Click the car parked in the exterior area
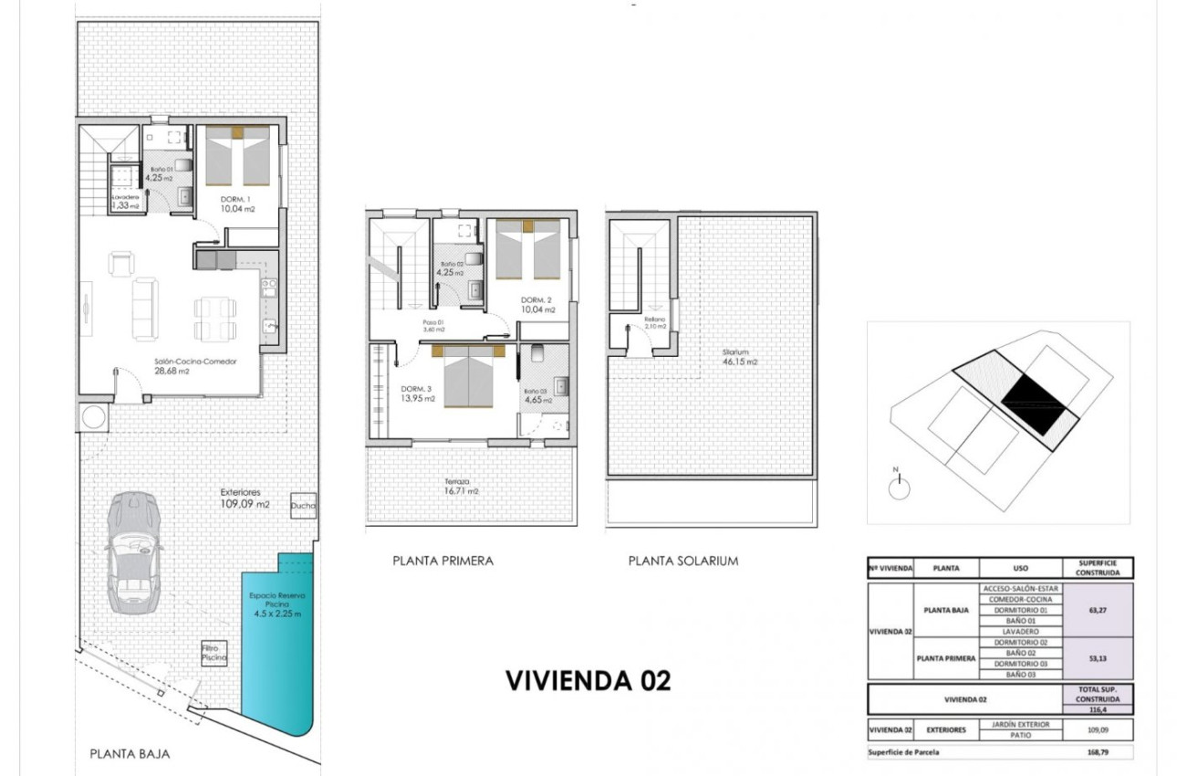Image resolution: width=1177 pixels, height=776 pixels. tap(132, 552)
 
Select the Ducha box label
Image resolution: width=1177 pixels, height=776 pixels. tap(302, 506)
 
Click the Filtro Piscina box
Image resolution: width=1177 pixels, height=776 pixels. tap(214, 653)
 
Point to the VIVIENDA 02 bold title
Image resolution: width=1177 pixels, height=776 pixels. tap(588, 680)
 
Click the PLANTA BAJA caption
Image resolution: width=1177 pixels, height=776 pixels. tap(130, 754)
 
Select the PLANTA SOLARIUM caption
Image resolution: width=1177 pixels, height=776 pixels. tap(682, 561)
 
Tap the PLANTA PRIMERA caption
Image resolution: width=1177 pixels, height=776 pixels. tap(443, 561)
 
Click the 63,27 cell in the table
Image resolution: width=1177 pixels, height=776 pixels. tap(1098, 610)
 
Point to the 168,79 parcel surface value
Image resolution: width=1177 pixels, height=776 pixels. tap(1098, 753)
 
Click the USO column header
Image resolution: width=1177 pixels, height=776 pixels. tap(1020, 568)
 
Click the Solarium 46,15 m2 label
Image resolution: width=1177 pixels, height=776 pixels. tap(740, 357)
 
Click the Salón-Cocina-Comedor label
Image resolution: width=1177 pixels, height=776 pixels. tap(194, 366)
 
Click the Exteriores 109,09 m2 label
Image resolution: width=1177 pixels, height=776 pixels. tap(245, 498)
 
